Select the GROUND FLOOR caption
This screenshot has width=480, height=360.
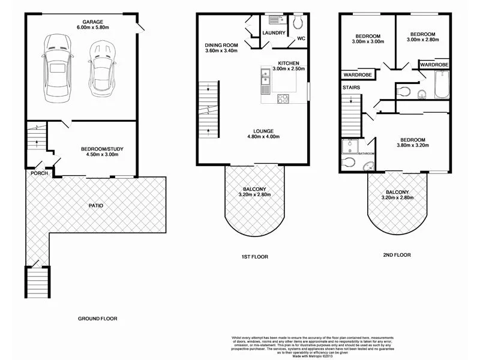pyautogui.click(x=98, y=319)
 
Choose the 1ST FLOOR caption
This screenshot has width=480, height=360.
pyautogui.click(x=254, y=257)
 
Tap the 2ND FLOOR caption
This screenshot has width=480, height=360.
pyautogui.click(x=397, y=254)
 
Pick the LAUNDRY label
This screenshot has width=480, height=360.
pyautogui.click(x=274, y=34)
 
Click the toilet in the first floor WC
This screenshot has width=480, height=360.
pyautogui.click(x=298, y=22)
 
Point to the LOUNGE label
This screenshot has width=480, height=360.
pyautogui.click(x=263, y=130)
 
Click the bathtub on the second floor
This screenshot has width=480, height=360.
pyautogui.click(x=441, y=82)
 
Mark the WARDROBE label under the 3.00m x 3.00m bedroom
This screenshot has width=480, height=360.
pyautogui.click(x=357, y=74)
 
